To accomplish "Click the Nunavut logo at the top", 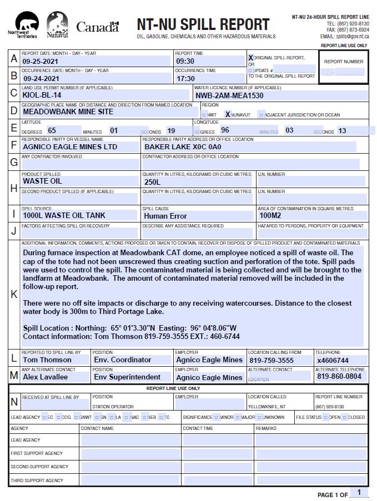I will point(57,25).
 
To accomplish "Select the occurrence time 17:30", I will point(185,79).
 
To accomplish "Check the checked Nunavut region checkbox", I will point(228,114).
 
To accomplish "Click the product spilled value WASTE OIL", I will point(42,181).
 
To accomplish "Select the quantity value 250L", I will point(152,181).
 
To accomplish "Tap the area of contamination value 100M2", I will point(270,215).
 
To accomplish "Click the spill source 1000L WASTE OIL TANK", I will point(64,215).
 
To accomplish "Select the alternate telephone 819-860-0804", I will point(339,376).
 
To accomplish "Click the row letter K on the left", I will point(14,294).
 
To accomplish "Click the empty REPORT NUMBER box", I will point(343,72).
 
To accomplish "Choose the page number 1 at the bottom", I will point(359,492).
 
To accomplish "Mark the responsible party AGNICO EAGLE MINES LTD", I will point(70,147).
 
